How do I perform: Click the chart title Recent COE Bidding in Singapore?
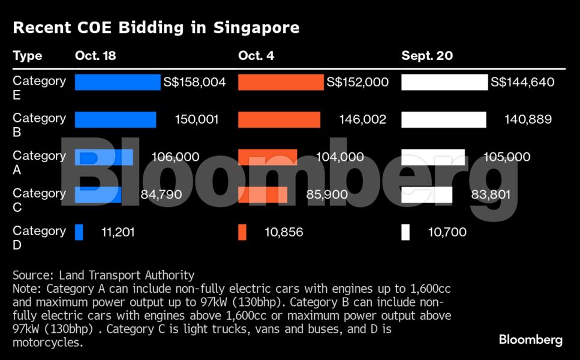point(156,28)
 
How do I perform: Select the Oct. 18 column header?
point(95,56)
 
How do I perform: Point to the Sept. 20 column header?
point(426,56)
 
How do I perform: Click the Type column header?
point(28,56)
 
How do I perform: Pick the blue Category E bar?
point(118,82)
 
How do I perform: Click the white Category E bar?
point(444,82)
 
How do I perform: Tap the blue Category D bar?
point(79,232)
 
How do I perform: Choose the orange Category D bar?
point(242,232)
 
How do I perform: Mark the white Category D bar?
point(405,232)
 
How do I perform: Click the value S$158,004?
point(194,82)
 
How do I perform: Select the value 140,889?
point(528,119)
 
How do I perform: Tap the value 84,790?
point(161,194)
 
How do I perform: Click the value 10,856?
point(284,232)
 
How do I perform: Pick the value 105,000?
point(507,157)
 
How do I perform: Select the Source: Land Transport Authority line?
point(103,275)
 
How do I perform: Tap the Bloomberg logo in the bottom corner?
point(530,340)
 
